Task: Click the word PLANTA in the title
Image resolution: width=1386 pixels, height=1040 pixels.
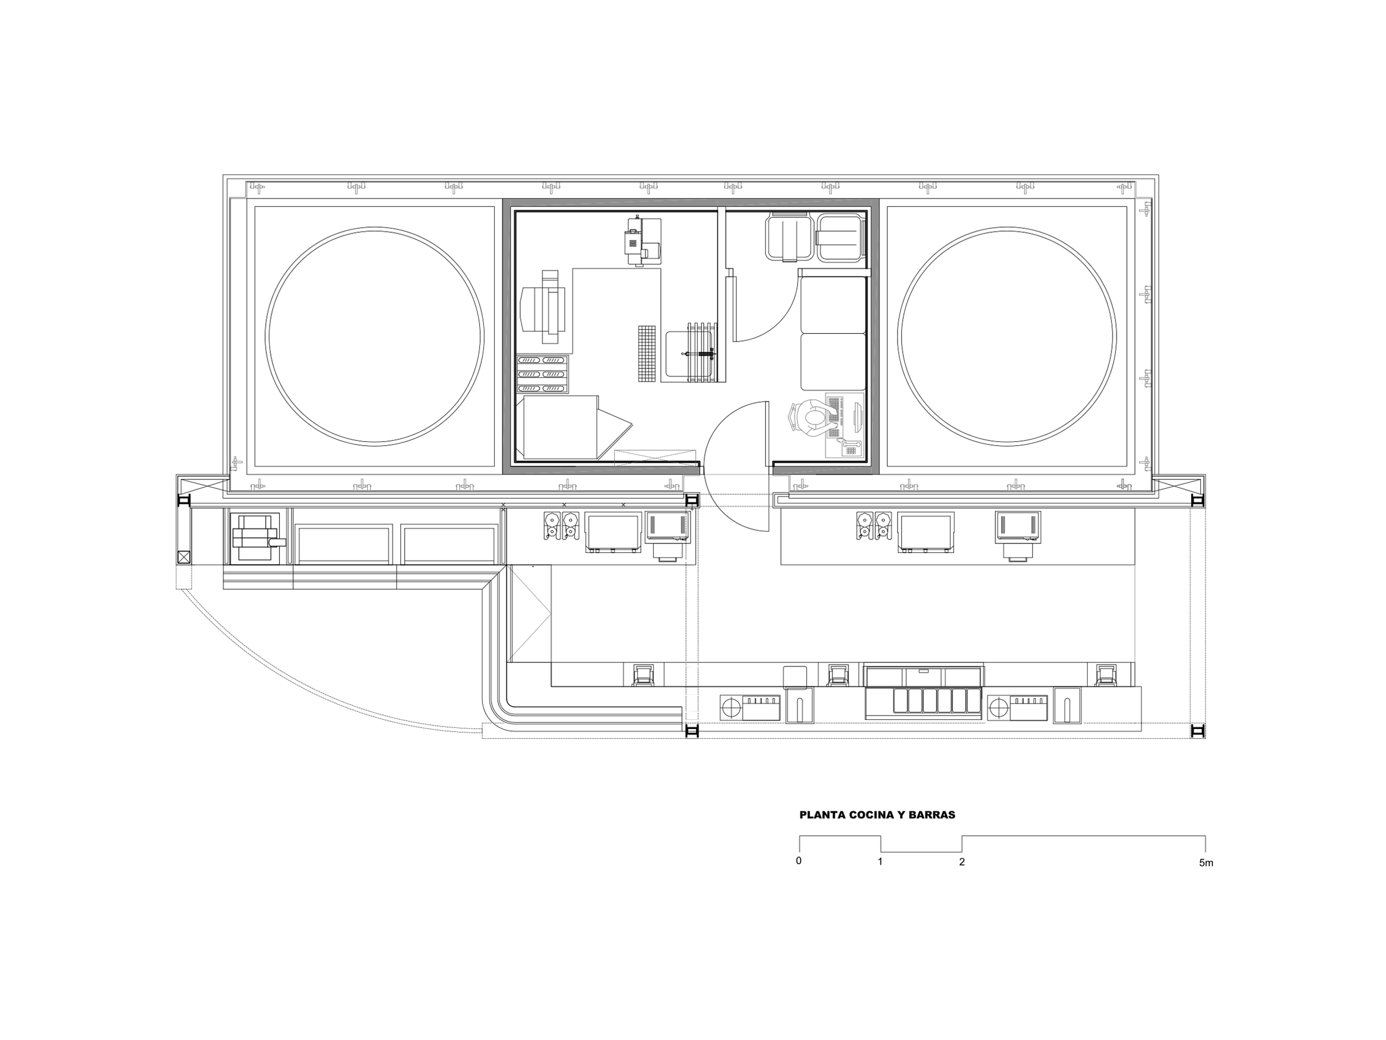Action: pos(820,815)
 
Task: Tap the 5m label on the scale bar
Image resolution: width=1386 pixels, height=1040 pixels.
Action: pos(1206,863)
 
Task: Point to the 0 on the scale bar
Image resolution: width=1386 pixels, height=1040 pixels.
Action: pos(799,861)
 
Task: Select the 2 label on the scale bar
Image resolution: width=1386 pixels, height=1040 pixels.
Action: pos(962,862)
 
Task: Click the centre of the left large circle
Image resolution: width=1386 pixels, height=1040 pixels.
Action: pos(375,336)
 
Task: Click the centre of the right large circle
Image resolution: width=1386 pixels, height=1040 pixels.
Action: pos(1007,336)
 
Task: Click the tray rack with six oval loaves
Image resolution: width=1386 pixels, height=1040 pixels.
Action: pos(542,374)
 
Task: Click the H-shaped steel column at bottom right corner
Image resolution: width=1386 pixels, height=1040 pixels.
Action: pos(1197,731)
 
